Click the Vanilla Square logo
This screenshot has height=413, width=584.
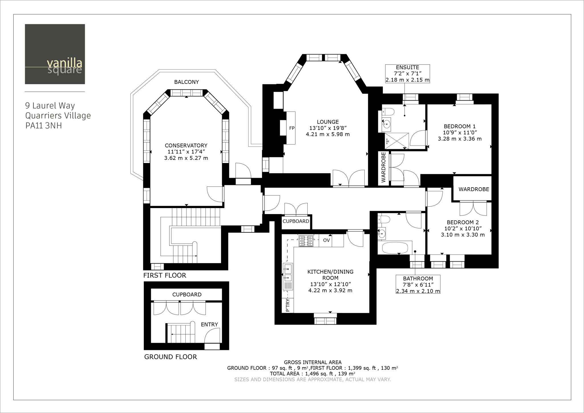[55, 54]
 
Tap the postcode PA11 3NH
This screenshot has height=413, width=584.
[44, 126]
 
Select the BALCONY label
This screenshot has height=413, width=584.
[186, 82]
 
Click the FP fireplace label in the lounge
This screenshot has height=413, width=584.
[292, 128]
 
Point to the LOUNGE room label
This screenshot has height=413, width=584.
[328, 122]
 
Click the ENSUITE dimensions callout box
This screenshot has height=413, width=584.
[407, 74]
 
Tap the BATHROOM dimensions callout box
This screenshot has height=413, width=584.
[418, 284]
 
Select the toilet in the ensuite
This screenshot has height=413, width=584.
[388, 111]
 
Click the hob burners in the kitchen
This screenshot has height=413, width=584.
[306, 241]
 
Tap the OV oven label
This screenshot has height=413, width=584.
[327, 240]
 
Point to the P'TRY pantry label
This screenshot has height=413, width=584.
[287, 305]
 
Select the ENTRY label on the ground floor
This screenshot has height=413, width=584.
[209, 324]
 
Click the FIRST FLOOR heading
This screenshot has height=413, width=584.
[165, 275]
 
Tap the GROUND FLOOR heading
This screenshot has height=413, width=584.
[171, 357]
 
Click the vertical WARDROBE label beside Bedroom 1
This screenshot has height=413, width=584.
[383, 167]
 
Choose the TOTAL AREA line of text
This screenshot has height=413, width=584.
[312, 374]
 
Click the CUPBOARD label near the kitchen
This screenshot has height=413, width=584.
[296, 221]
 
